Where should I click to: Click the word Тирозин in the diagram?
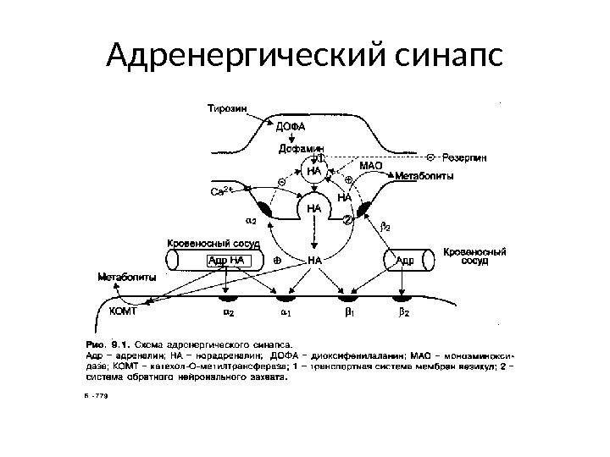click(x=227, y=107)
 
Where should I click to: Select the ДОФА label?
click(x=289, y=125)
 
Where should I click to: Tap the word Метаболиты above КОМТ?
click(x=126, y=276)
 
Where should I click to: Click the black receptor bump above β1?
click(x=346, y=298)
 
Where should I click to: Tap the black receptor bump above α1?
click(x=285, y=298)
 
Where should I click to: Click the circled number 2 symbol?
click(x=346, y=219)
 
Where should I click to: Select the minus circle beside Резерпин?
click(x=430, y=157)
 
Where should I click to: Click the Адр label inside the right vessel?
click(x=405, y=260)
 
